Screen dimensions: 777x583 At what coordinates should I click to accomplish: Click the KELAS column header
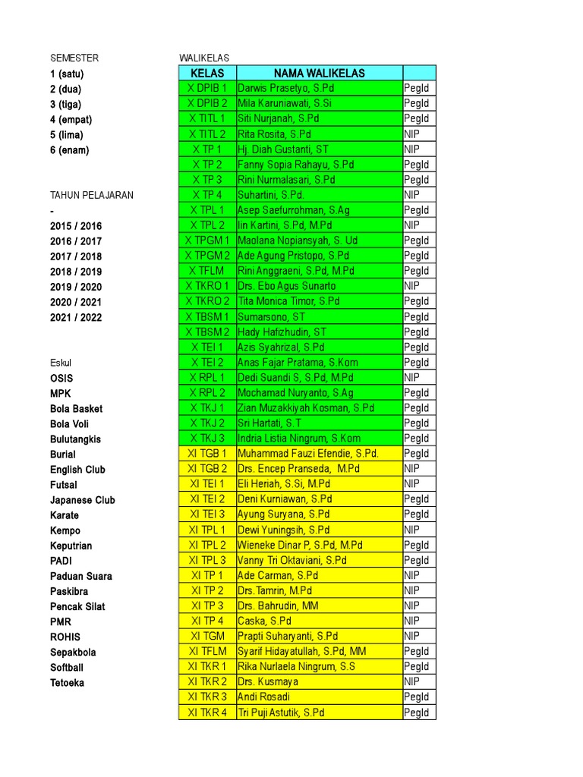[207, 73]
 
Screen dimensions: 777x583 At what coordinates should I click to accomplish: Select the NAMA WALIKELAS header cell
[320, 73]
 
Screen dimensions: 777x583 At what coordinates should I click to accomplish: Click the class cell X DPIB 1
[207, 88]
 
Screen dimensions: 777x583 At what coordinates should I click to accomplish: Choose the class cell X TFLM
[207, 271]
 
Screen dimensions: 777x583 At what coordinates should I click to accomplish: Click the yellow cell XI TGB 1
[207, 454]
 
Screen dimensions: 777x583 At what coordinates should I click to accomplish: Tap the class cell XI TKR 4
[207, 713]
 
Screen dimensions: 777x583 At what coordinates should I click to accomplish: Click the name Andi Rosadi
[264, 697]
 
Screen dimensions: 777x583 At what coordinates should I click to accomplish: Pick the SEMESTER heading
[74, 58]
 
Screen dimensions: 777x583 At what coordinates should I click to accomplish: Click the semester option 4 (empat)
[68, 119]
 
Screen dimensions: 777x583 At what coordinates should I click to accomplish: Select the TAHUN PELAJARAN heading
[92, 195]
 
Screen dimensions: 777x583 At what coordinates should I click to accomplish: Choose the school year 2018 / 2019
[76, 272]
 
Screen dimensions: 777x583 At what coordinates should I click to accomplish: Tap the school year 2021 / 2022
[76, 317]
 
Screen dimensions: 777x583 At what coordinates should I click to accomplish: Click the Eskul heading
[61, 363]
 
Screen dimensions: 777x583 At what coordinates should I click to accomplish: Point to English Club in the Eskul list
[77, 470]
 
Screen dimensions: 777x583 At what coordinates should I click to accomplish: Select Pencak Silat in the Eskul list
[77, 606]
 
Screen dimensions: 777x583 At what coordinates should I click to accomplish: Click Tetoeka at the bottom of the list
[67, 683]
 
